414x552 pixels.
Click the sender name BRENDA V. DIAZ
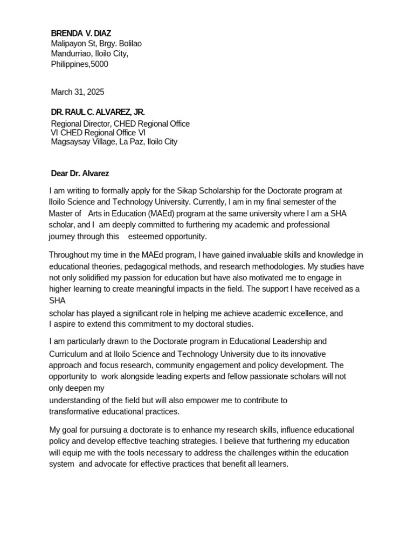pos(81,33)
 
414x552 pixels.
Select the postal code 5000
pos(99,64)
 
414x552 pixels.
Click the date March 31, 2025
pos(78,92)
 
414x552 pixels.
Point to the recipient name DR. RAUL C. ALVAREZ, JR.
pos(98,112)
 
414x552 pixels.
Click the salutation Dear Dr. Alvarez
pos(80,174)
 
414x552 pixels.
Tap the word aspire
pos(66,325)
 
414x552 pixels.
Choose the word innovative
pos(308,354)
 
